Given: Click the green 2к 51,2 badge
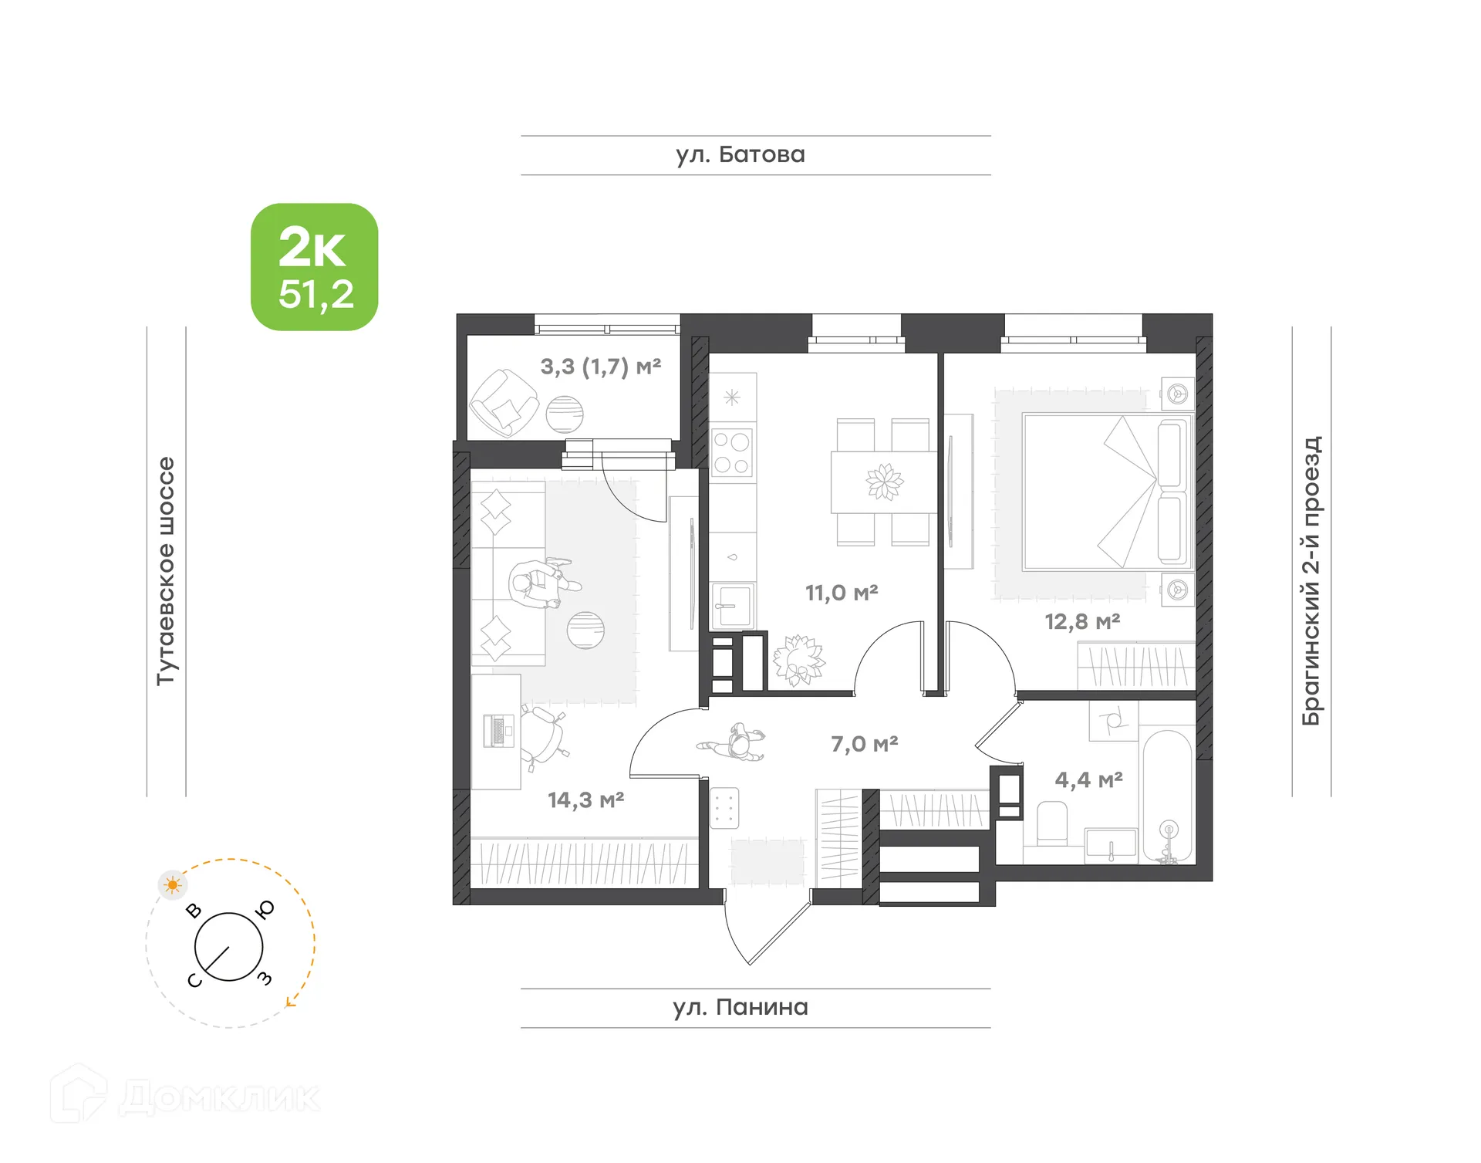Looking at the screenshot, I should pos(314,267).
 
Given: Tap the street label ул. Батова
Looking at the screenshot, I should pos(740,155).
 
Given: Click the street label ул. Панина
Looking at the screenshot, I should pos(740,1007).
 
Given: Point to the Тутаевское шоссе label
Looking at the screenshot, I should pos(166,571).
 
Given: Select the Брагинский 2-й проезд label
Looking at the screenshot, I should pos(1311,580).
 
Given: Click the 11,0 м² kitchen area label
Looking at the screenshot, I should pos(842,593).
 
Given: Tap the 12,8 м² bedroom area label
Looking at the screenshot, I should pos(1082,621).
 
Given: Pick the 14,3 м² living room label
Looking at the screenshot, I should pos(585,800).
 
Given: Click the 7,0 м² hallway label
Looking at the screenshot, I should pos(864,744).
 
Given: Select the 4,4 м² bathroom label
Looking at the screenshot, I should pos(1088,780).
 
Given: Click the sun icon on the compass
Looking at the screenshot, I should pos(173,884).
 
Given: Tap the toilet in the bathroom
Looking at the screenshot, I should pos(1052,823).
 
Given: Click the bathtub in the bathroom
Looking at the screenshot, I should pos(1168,795).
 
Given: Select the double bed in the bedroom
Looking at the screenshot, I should pos(1107,492).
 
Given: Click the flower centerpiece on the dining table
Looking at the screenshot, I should pos(885,482).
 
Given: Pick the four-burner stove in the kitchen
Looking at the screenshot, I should pos(731,453).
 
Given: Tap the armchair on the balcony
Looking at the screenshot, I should pos(503,402).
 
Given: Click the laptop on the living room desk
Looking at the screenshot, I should pos(498,730).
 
